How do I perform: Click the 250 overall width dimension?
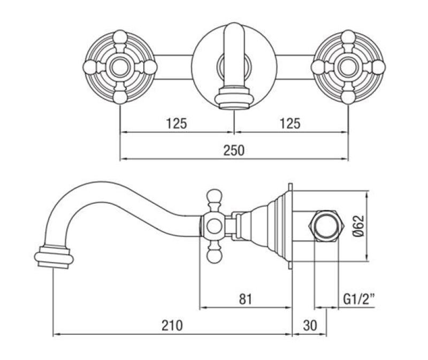point(233,150)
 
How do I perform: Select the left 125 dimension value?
point(176,124)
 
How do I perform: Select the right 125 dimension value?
point(290,124)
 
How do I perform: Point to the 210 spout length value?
point(172,325)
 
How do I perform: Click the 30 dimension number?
point(310,325)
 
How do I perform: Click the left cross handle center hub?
point(119,67)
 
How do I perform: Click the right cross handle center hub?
point(348,67)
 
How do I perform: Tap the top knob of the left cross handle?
point(119,37)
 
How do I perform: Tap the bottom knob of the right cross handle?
point(348,97)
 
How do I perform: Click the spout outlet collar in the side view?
point(54,257)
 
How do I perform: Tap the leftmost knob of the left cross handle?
point(90,67)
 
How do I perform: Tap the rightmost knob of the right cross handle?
point(378,67)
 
